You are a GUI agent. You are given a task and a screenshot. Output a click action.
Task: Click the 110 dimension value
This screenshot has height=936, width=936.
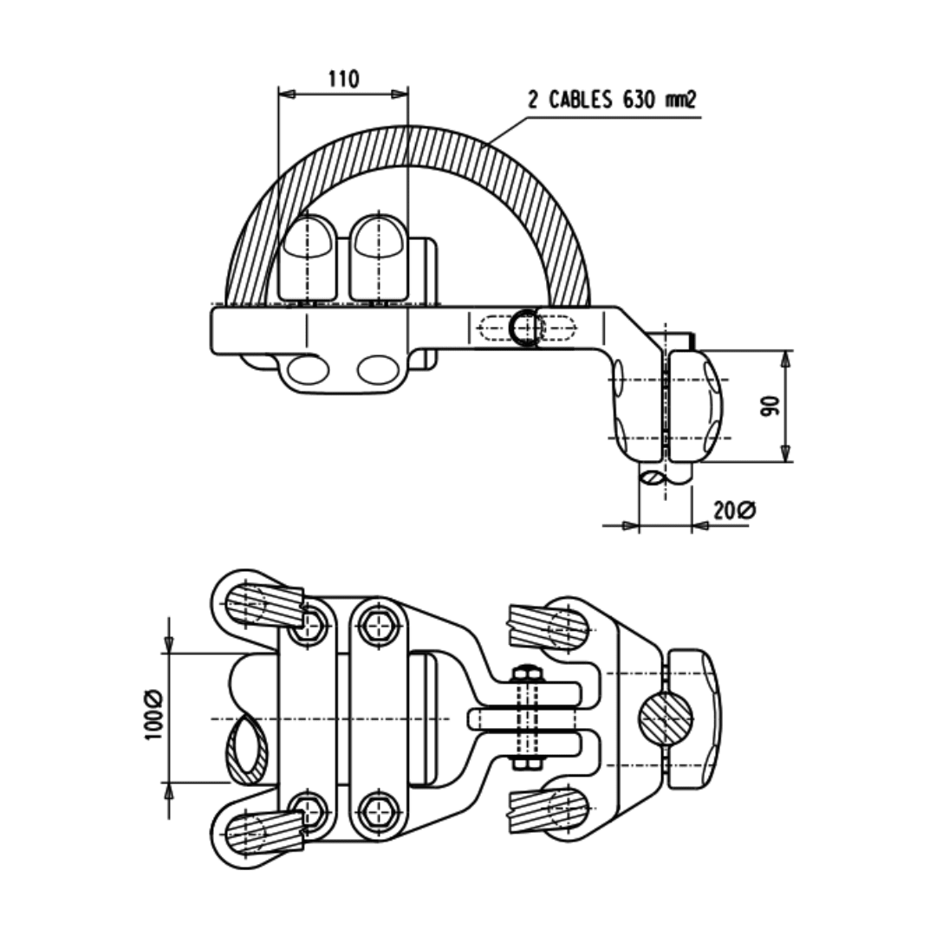[x=343, y=79]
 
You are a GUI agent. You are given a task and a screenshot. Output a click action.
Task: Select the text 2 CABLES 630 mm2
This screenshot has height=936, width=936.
[x=613, y=100]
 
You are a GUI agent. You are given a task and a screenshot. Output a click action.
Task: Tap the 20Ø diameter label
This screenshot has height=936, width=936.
[x=734, y=510]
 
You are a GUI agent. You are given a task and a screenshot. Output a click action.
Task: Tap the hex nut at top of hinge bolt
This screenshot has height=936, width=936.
[x=524, y=673]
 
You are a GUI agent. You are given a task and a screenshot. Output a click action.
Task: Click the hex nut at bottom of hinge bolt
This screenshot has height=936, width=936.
[x=524, y=763]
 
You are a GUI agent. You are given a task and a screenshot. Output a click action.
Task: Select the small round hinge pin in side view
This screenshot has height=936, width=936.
[x=523, y=328]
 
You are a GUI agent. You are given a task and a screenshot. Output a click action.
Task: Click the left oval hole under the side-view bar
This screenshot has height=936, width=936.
[x=308, y=370]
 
